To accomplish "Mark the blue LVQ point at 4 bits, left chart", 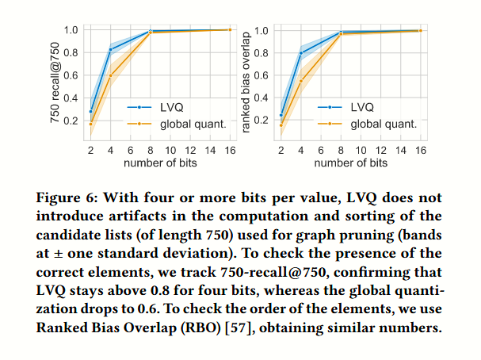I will coord(110,49).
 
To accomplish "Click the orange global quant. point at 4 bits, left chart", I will coord(110,75).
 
